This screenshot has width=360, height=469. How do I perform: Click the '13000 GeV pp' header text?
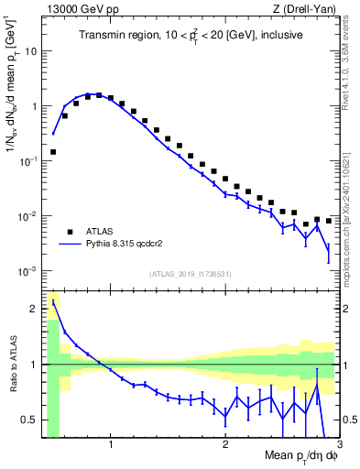81,10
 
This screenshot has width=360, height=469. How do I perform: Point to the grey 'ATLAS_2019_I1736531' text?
191,274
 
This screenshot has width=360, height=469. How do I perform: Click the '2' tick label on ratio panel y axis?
34,309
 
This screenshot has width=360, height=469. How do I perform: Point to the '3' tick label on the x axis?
339,446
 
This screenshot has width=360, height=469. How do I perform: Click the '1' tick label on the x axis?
111,446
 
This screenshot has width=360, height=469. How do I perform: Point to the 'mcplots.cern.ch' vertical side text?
351,238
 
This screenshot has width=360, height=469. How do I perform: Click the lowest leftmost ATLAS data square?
53,152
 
